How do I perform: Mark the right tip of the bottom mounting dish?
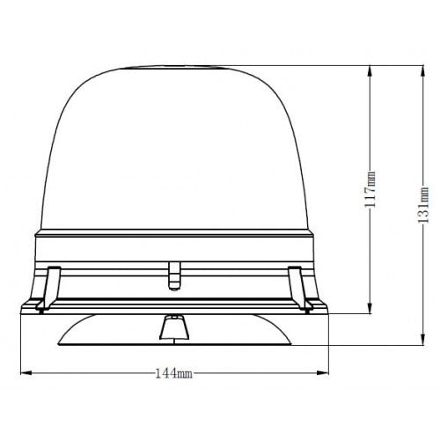290,342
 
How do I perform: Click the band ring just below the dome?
172,242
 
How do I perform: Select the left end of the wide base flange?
23,309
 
